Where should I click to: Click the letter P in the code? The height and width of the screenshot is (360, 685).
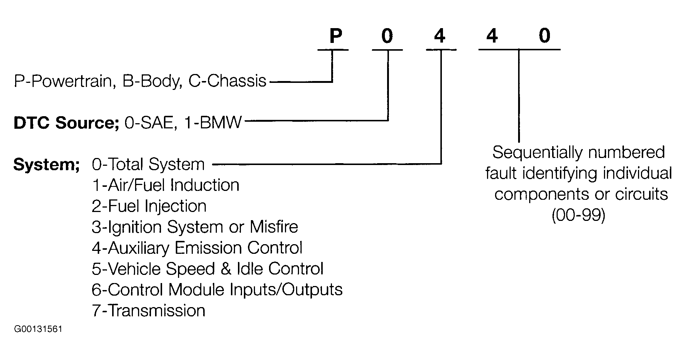[335, 36]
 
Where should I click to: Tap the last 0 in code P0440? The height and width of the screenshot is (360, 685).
[544, 36]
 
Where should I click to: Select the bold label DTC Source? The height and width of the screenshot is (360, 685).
[66, 123]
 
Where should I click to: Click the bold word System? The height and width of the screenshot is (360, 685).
[47, 165]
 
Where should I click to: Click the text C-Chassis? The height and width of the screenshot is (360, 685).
[227, 81]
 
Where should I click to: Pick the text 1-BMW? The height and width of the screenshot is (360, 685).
[212, 122]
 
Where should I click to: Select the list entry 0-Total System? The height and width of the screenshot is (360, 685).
[148, 165]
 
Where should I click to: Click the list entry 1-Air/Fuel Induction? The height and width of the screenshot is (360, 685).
[165, 185]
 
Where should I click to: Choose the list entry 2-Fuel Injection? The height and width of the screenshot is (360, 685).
[149, 206]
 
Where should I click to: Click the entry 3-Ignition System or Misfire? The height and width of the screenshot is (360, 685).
[195, 227]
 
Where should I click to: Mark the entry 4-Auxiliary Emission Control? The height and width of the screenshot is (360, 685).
[197, 248]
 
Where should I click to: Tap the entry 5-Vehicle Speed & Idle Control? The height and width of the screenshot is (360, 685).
[207, 269]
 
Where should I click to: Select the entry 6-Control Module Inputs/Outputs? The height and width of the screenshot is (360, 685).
[217, 289]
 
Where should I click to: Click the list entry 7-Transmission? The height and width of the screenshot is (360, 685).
[148, 310]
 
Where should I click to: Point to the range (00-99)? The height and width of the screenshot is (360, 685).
[578, 215]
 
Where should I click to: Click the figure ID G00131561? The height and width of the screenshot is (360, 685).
[38, 329]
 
